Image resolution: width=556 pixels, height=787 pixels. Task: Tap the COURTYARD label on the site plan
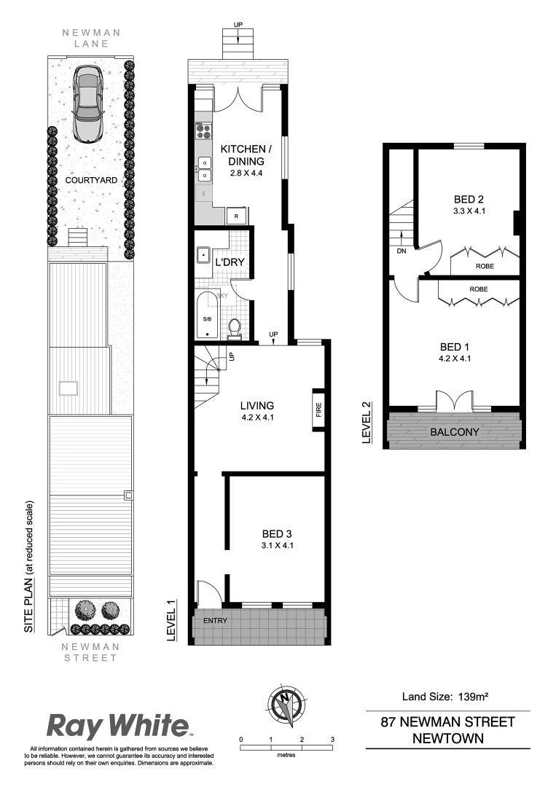(x=87, y=179)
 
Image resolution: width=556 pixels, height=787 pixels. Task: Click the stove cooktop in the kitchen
(x=203, y=130)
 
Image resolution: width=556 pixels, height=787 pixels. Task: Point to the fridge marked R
(x=235, y=216)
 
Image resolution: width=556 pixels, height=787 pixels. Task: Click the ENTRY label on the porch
(x=215, y=621)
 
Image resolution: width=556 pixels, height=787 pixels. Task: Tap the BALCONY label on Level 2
(x=455, y=432)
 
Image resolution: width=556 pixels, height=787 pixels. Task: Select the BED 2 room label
(x=469, y=199)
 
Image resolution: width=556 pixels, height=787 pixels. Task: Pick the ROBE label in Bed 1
(x=478, y=289)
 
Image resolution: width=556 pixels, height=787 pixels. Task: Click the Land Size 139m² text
(x=445, y=697)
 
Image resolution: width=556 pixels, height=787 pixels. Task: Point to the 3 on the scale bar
(x=332, y=740)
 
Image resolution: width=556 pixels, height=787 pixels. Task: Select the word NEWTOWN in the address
(x=447, y=737)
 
